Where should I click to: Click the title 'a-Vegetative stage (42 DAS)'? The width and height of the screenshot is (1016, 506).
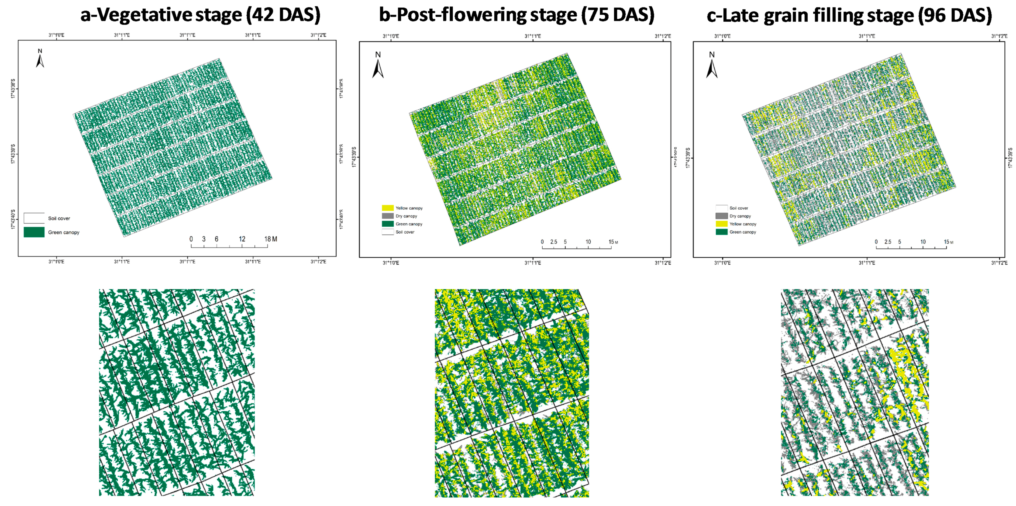(x=200, y=15)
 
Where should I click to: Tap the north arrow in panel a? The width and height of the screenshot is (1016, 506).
(x=40, y=59)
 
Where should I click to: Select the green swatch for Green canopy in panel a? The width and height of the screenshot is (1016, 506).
(x=34, y=232)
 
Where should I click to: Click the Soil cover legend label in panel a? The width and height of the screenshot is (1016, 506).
(x=59, y=218)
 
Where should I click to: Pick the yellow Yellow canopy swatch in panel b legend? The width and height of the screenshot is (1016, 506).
(x=387, y=208)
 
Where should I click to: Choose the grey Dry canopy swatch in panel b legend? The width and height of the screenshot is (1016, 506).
(x=387, y=216)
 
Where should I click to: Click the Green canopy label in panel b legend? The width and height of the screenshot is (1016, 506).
(x=409, y=224)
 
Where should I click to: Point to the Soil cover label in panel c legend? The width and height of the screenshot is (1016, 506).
(x=738, y=208)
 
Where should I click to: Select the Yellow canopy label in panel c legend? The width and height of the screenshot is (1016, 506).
(x=743, y=224)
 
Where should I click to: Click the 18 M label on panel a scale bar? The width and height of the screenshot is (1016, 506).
(x=271, y=239)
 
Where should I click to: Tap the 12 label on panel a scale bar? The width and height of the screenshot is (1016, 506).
(x=242, y=239)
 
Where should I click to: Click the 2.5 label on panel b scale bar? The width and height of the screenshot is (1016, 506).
(x=553, y=242)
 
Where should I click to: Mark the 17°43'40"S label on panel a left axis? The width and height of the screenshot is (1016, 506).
(x=13, y=219)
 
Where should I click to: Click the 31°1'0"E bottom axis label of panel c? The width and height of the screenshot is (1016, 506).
(x=722, y=263)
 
